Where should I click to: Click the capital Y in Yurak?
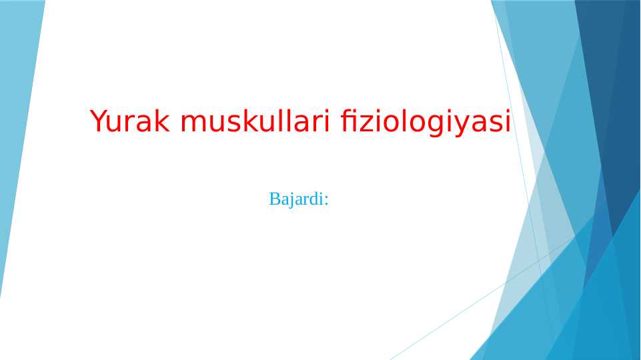(x=98, y=121)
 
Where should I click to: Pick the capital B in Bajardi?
(x=274, y=199)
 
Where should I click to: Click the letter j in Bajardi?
(x=290, y=200)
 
